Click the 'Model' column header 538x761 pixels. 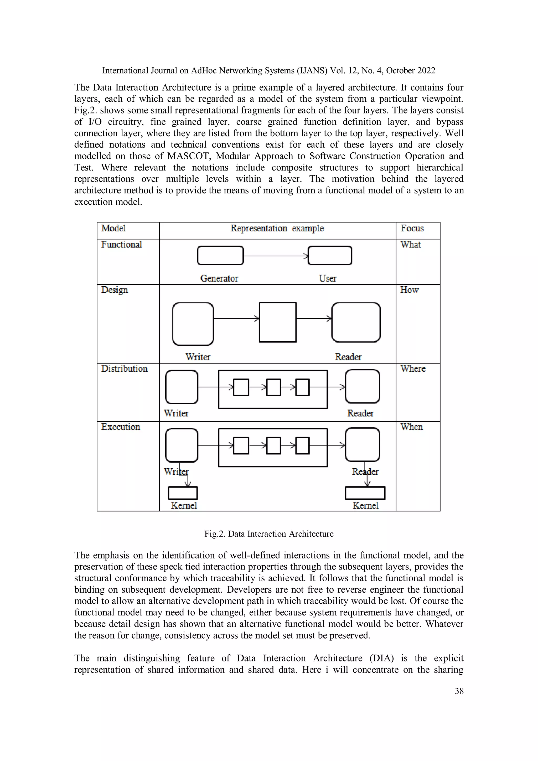point(113,228)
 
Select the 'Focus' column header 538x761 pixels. point(412,228)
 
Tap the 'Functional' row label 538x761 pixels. point(121,245)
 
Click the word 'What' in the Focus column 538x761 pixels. point(410,245)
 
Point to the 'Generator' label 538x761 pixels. point(219,278)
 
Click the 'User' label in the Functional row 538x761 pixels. point(328,278)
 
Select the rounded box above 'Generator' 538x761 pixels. point(220,256)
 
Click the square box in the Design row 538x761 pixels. point(277,322)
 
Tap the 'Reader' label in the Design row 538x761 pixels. point(348,357)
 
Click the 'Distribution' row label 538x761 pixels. point(124,369)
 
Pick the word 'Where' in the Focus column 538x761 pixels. point(413,369)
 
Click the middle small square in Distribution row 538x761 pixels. point(273,387)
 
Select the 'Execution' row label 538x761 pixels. point(121,427)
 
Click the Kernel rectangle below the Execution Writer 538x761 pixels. point(183,493)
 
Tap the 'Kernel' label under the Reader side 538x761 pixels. point(365,505)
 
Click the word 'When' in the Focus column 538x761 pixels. point(411,427)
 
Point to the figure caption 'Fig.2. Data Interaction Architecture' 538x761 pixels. point(269,534)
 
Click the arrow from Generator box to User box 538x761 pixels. point(276,256)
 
